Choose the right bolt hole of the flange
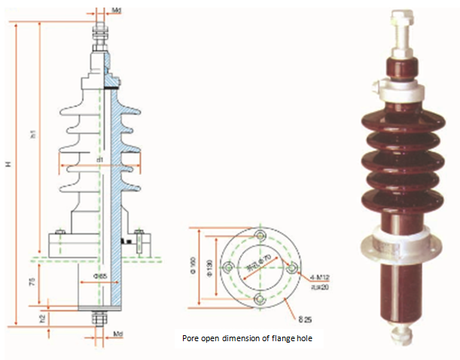click(291, 268)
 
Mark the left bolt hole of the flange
click(228, 268)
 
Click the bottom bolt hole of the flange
click(260, 300)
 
